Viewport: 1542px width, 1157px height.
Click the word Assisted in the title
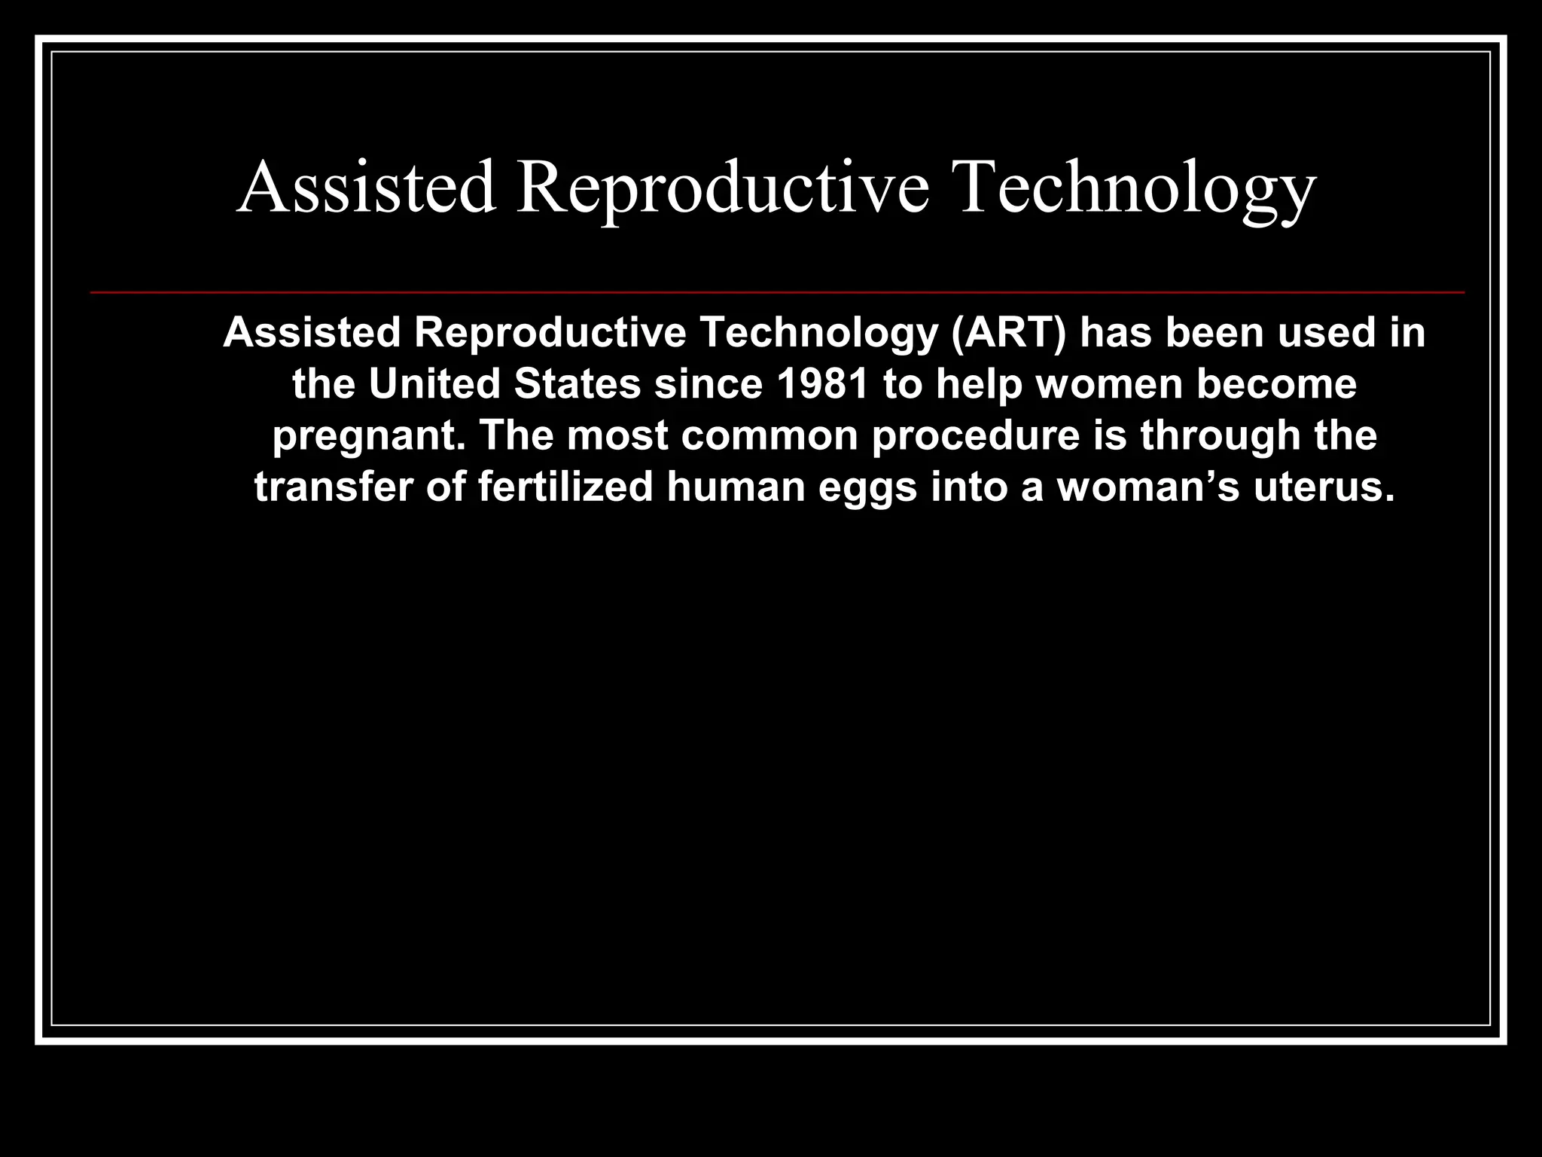[367, 188]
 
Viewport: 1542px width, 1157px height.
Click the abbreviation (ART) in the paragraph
[1009, 333]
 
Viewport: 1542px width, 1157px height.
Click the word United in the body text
[434, 384]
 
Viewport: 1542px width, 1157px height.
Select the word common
[769, 436]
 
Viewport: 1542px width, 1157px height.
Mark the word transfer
[334, 487]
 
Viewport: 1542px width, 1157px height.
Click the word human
[736, 487]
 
